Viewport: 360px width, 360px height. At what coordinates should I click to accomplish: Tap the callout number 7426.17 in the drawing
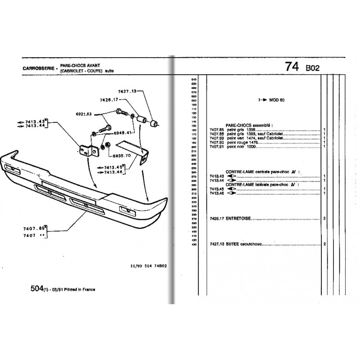click(x=109, y=99)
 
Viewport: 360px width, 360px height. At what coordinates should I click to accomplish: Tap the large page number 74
click(x=292, y=66)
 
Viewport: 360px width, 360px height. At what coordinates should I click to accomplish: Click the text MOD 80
click(x=277, y=100)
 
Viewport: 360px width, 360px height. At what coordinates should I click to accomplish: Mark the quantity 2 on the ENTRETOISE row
click(x=324, y=219)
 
